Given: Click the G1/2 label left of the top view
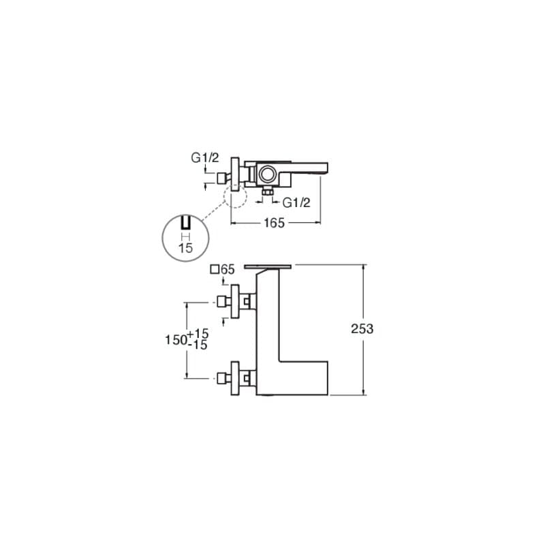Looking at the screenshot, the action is tap(205, 158).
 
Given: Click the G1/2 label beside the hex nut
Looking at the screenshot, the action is tap(296, 202).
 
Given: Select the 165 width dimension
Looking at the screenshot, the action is tap(275, 223).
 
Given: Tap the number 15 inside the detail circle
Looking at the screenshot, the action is tap(185, 248).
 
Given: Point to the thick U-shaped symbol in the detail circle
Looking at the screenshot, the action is tap(185, 223).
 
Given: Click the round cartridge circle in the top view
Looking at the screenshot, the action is tap(268, 174).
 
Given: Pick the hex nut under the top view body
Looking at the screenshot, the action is tap(267, 191).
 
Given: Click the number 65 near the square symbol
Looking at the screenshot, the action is tap(228, 269).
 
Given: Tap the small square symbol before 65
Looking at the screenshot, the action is tap(215, 269).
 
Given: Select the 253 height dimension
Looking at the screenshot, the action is tap(362, 329).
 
